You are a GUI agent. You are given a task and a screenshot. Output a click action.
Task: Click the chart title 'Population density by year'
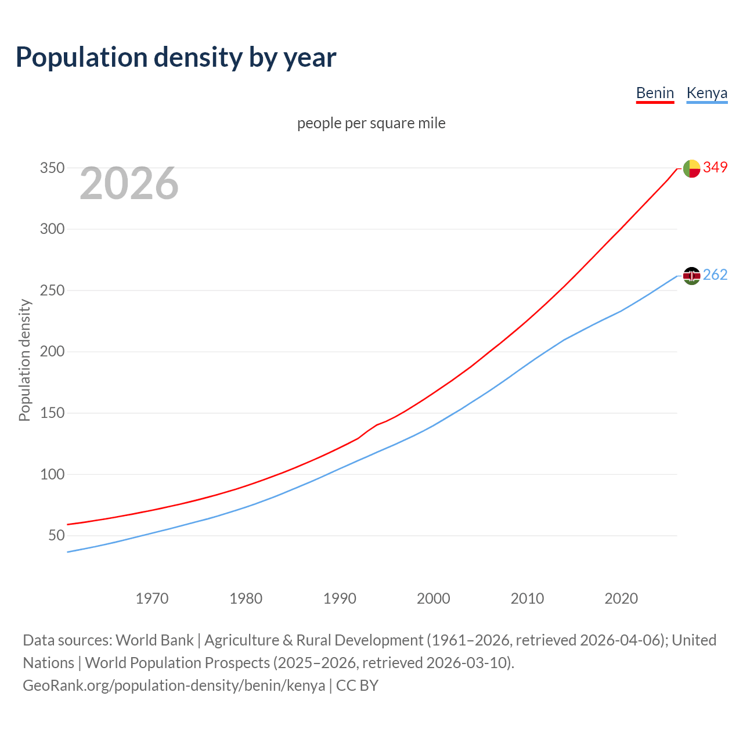[x=176, y=57]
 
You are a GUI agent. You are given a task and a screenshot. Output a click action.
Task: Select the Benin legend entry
[x=655, y=93]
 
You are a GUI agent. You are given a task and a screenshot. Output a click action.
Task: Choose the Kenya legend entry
[x=706, y=93]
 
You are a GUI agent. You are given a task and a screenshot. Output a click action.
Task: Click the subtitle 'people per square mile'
[x=371, y=123]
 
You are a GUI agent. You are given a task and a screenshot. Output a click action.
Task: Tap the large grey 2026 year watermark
[x=129, y=183]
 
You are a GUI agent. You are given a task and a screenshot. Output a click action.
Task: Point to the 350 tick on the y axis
[x=52, y=168]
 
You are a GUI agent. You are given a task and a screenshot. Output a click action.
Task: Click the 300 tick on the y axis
[x=52, y=229]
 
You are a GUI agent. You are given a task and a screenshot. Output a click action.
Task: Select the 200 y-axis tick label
[x=52, y=351]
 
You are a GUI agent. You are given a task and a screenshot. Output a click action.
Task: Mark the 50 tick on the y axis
[x=56, y=535]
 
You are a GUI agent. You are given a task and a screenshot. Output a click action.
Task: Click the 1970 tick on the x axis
[x=152, y=598]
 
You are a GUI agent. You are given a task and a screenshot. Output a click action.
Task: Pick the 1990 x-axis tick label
[x=340, y=598]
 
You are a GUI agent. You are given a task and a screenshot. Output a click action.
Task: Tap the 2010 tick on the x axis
[x=527, y=598]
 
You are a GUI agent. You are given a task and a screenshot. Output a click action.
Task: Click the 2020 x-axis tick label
[x=621, y=598]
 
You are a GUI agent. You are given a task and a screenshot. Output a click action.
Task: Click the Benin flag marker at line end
[x=691, y=168]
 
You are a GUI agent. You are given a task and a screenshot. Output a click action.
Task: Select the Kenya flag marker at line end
[x=691, y=276]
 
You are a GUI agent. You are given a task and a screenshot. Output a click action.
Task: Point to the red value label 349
[x=715, y=167]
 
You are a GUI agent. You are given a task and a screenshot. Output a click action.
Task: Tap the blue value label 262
[x=715, y=275]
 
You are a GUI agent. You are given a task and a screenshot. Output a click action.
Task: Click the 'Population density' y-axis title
[x=24, y=360]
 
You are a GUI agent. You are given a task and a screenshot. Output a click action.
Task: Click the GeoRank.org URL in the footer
[x=174, y=686]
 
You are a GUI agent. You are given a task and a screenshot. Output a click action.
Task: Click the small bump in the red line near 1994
[x=377, y=425]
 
